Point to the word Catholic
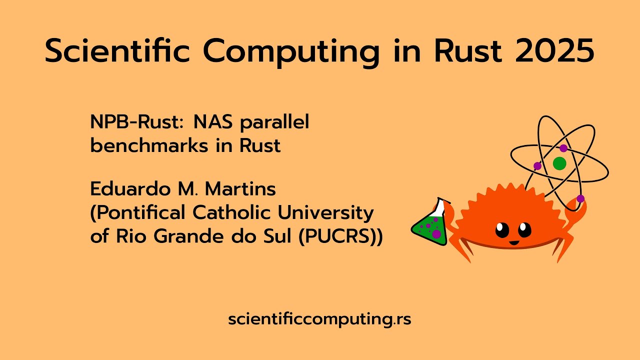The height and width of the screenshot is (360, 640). (x=231, y=212)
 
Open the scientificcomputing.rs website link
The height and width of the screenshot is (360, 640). (x=319, y=319)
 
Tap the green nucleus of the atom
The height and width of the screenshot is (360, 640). (x=559, y=163)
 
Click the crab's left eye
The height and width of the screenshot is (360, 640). (x=502, y=230)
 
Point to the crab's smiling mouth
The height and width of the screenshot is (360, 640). (x=513, y=243)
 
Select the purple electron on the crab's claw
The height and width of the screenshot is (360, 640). (x=580, y=198)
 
